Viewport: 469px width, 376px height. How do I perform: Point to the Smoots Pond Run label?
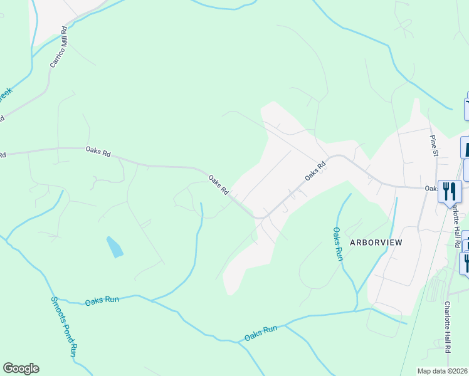tap(63, 325)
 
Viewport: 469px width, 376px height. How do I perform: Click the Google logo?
tap(21, 368)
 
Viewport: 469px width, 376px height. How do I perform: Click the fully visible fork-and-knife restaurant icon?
tap(450, 191)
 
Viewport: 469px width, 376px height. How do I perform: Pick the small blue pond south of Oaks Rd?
tap(115, 248)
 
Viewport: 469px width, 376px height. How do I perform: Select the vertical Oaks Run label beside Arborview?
tap(338, 244)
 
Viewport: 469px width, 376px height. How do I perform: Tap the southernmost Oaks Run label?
tap(261, 332)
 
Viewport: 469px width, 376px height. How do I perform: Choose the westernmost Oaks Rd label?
tap(98, 152)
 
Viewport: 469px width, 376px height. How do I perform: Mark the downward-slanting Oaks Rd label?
tap(218, 184)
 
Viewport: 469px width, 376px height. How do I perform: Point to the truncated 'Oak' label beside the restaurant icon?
tap(430, 187)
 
